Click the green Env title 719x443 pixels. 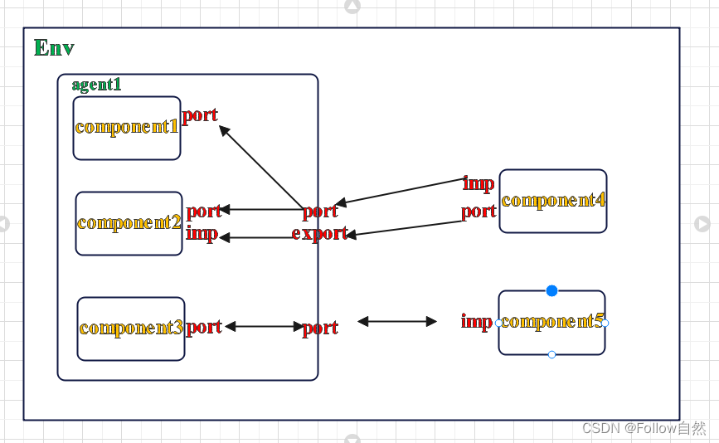(54, 48)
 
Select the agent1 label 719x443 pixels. (96, 85)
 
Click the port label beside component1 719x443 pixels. (200, 115)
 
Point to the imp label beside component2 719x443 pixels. (202, 233)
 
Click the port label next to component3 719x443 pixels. (204, 327)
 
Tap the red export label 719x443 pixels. (319, 233)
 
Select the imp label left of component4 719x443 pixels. (479, 183)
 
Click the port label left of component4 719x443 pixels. (479, 212)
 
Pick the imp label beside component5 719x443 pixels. (477, 322)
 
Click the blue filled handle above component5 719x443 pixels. (551, 290)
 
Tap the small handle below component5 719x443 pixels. (551, 354)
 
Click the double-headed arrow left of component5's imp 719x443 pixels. (397, 321)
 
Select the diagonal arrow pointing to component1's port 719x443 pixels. (260, 166)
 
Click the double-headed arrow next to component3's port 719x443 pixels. (265, 327)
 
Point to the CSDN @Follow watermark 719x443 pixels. (644, 428)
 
